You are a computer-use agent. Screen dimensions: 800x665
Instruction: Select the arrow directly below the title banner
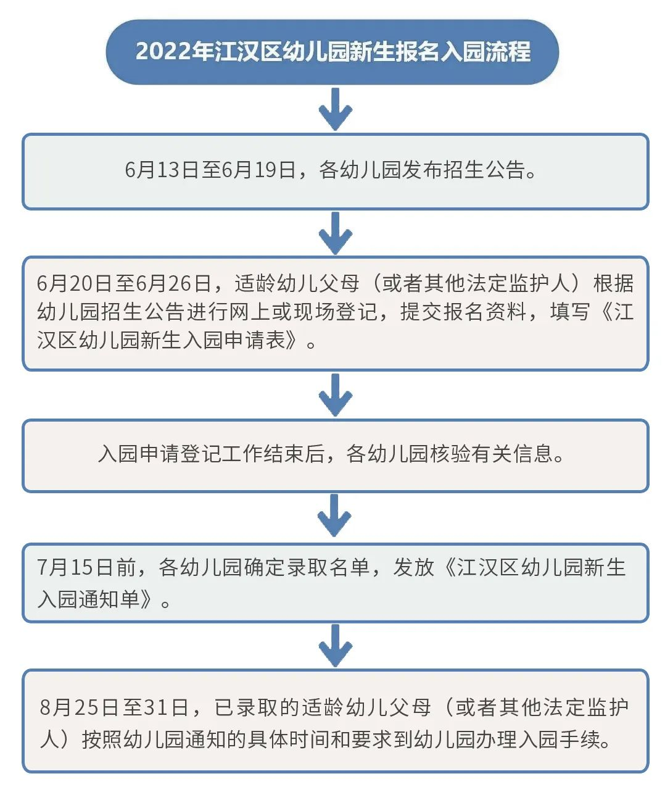click(x=335, y=109)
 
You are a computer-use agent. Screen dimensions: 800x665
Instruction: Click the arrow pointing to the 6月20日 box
click(x=335, y=233)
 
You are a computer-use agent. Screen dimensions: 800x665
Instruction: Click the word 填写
click(x=570, y=312)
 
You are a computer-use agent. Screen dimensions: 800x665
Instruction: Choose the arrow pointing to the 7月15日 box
click(x=335, y=515)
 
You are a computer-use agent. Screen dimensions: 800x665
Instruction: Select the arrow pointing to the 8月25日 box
click(x=335, y=645)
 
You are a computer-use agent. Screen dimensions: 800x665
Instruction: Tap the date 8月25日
click(x=79, y=707)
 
